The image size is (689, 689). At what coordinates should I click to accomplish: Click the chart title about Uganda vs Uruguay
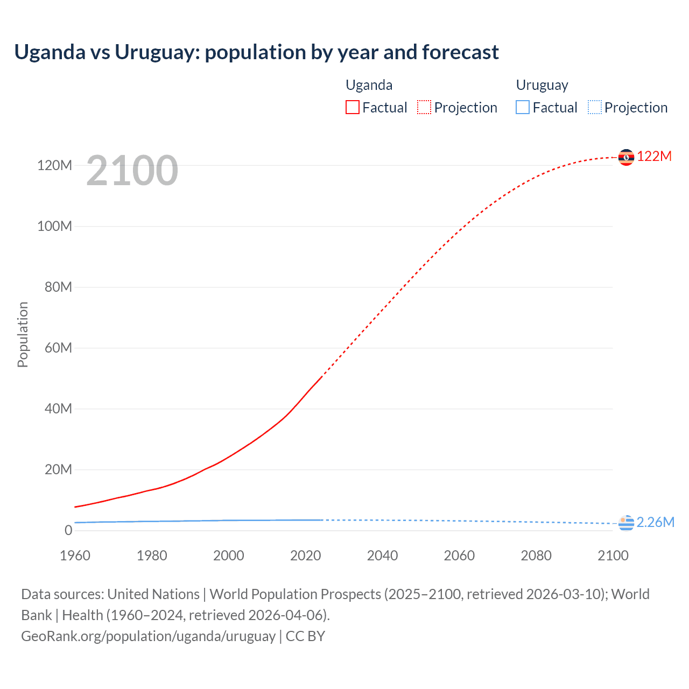[x=256, y=52]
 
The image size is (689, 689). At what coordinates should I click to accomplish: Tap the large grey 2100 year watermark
[x=132, y=171]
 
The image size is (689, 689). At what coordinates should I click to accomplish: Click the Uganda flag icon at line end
[x=626, y=157]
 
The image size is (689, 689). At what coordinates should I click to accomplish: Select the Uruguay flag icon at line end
[x=626, y=523]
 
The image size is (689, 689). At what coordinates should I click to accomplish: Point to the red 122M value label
[x=654, y=157]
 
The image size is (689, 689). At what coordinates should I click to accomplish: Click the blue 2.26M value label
[x=655, y=522]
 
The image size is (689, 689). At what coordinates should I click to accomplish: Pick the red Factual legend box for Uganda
[x=352, y=108]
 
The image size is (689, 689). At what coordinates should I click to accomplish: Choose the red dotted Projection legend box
[x=424, y=108]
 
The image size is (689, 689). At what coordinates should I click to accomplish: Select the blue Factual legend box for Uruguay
[x=523, y=108]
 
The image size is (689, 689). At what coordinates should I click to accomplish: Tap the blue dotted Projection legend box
[x=595, y=108]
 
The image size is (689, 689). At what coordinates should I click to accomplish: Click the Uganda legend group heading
[x=369, y=85]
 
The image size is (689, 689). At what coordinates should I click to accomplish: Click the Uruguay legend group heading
[x=542, y=85]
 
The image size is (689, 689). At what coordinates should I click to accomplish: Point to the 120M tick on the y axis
[x=55, y=165]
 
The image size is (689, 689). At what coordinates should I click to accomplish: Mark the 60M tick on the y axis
[x=58, y=348]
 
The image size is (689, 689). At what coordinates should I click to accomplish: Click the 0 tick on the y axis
[x=68, y=530]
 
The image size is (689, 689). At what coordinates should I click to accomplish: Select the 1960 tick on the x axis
[x=75, y=556]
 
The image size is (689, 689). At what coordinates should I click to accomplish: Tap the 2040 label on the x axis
[x=382, y=556]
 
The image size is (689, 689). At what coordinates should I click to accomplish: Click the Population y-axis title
[x=23, y=334]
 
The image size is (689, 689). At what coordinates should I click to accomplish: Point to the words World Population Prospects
[x=295, y=594]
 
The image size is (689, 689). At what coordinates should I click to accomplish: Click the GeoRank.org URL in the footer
[x=148, y=636]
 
